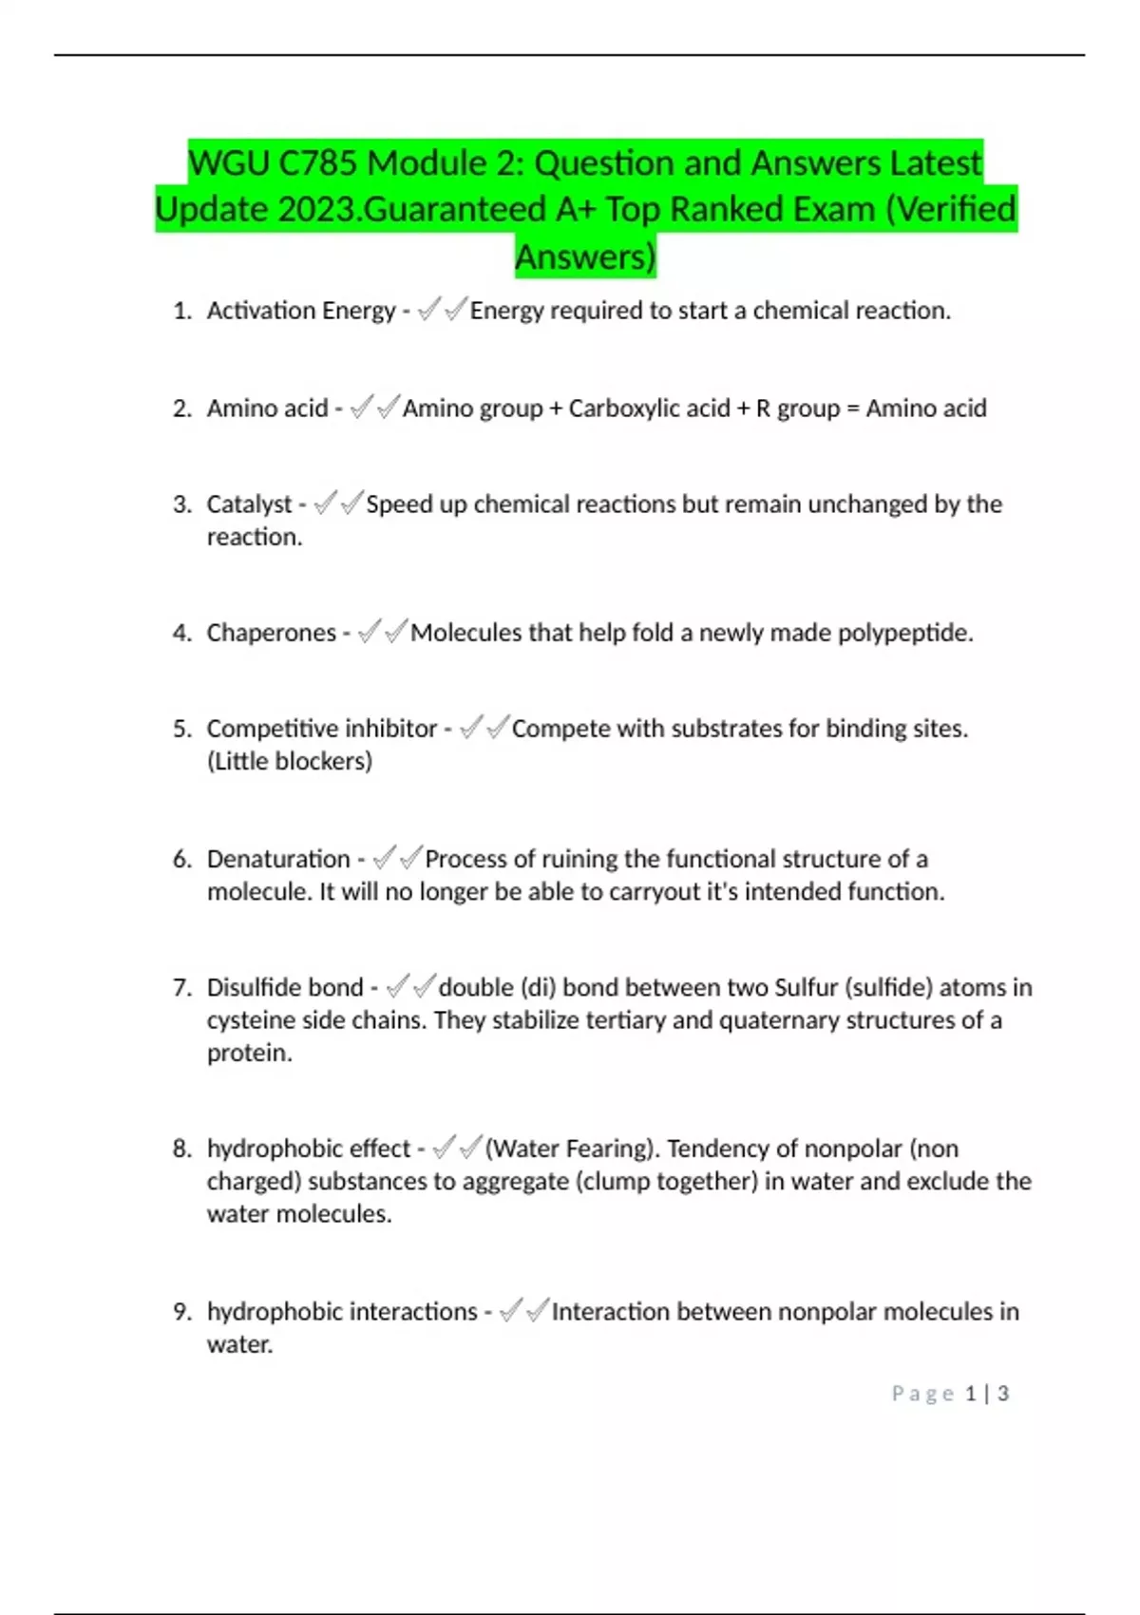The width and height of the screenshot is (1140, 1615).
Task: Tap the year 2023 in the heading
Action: [x=319, y=210]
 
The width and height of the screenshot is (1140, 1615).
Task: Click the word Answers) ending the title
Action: [x=585, y=256]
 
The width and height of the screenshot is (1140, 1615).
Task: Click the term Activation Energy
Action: [x=300, y=311]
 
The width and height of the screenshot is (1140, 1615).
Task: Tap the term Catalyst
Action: [x=249, y=504]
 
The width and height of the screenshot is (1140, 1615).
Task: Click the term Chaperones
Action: [x=271, y=633]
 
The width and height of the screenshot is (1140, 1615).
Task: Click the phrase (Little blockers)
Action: [x=290, y=761]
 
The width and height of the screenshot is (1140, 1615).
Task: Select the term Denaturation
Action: [x=278, y=859]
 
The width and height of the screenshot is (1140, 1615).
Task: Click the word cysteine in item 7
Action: [x=251, y=1020]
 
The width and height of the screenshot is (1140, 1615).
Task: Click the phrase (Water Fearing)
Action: [x=573, y=1149]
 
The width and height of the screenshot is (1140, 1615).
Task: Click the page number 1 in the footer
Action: [x=971, y=1394]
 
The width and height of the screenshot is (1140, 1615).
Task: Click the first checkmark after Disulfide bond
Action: [x=398, y=987]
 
